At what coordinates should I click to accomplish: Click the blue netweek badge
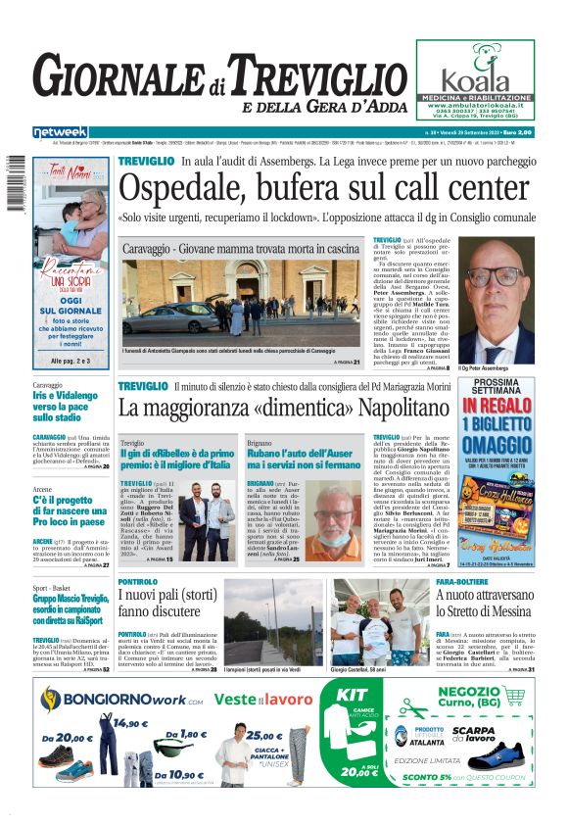pos(61,131)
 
